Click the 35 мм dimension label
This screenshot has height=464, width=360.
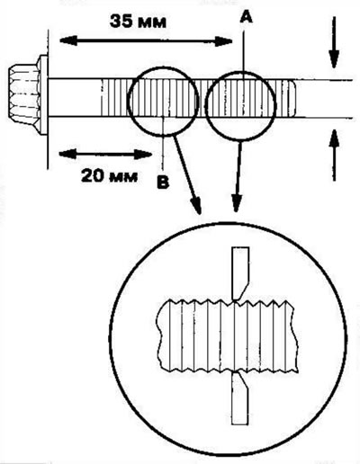138,22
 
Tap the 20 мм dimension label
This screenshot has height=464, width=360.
109,176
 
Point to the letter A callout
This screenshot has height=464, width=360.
246,19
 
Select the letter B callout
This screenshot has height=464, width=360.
163,183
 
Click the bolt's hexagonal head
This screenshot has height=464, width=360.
23,97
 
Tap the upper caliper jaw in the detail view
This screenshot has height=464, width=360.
240,273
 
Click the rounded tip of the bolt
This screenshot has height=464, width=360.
292,98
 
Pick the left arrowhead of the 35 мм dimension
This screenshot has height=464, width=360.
67,41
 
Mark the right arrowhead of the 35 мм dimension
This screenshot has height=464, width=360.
224,41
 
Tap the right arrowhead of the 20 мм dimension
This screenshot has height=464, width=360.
143,154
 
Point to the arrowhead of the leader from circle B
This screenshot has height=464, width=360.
196,205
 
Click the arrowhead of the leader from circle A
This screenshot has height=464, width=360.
237,204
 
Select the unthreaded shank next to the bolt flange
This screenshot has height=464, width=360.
74,98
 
